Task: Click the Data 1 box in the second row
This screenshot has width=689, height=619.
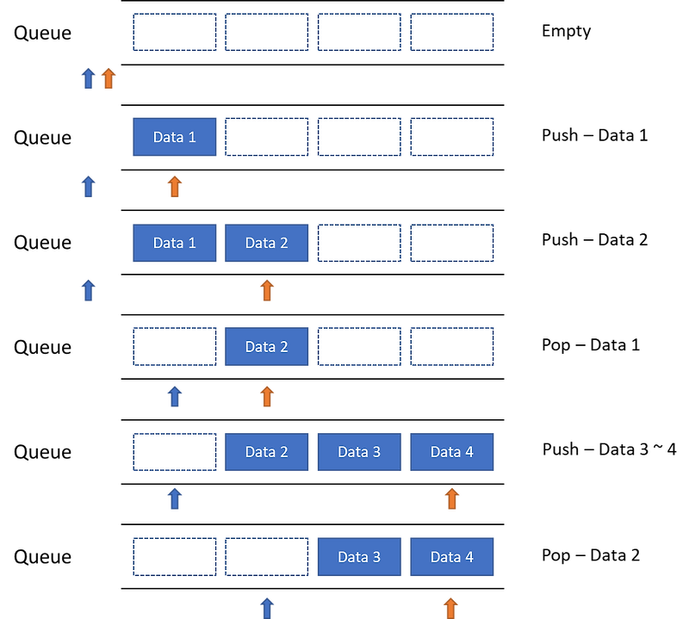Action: pos(174,137)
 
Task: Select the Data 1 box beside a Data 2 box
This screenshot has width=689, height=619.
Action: pos(174,243)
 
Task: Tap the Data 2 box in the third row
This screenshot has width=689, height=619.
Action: pos(266,243)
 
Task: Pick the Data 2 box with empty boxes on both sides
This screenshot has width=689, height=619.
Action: pos(266,347)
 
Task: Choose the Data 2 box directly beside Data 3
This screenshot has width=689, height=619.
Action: pos(266,452)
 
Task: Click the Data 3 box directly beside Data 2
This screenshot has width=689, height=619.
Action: pos(359,452)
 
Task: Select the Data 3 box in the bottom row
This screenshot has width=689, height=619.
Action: pos(359,557)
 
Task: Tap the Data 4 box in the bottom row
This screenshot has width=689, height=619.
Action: pos(451,557)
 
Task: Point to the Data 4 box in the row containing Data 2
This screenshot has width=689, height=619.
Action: pos(451,452)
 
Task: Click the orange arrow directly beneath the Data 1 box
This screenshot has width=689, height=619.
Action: pos(174,186)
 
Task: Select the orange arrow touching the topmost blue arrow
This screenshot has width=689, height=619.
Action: pos(108,78)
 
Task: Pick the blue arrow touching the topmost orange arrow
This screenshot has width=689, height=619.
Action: pos(88,78)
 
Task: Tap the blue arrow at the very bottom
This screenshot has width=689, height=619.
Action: pos(267,607)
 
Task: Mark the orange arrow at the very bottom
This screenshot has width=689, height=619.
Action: pos(450,607)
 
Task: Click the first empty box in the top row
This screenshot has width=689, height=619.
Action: pos(174,33)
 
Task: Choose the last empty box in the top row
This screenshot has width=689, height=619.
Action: pos(451,33)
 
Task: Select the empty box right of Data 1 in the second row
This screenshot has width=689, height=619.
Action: pos(266,137)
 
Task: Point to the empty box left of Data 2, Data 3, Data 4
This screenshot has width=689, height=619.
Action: pos(174,452)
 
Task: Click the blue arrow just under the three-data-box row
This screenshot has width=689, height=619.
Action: pos(174,498)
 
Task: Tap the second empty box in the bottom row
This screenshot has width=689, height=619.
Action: pos(266,557)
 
